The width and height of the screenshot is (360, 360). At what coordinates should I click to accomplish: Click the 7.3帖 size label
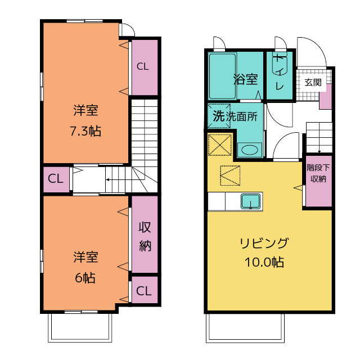85,131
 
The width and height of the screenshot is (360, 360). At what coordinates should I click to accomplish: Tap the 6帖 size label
85,278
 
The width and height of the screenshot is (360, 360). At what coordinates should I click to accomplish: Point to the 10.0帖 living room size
264,262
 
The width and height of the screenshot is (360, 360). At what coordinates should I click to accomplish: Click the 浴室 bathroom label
245,79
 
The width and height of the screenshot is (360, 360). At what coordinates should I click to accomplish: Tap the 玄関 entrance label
313,82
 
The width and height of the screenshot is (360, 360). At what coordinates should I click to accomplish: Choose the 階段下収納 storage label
318,173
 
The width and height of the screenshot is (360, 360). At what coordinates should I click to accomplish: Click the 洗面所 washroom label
241,116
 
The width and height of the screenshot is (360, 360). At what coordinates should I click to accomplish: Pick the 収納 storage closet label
145,236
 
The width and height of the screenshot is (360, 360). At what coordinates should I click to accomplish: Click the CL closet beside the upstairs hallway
56,178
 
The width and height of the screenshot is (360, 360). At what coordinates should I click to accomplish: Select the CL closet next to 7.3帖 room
142,66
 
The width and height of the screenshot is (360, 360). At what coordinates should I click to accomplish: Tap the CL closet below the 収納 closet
144,291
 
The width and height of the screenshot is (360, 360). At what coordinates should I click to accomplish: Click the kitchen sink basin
251,201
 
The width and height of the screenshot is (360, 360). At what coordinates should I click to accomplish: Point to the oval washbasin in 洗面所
250,150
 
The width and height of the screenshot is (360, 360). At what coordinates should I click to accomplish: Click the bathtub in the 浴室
223,76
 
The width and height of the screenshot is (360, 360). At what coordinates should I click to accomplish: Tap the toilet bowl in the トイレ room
280,64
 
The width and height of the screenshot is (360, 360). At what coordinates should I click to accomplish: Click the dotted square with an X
220,145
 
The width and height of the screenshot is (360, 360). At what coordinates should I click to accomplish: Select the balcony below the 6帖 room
80,328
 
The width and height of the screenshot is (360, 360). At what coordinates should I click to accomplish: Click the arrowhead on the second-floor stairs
107,179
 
